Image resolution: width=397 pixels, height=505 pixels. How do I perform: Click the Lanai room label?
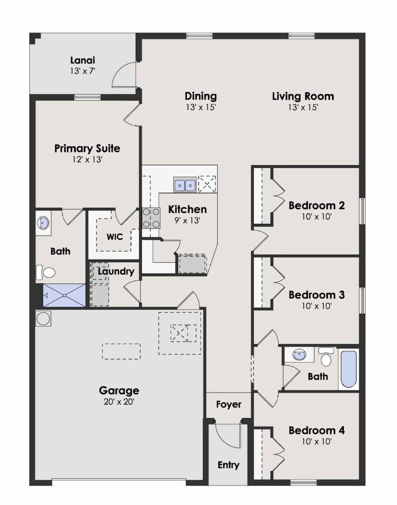point(82,60)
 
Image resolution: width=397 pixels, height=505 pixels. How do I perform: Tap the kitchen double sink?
point(185,184)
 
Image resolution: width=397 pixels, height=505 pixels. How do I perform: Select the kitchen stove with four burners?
point(151,218)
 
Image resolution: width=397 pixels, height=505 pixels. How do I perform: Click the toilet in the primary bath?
point(45,272)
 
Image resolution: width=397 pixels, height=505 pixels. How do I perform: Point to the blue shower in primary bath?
point(64,295)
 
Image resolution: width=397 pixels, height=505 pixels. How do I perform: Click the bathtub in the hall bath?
point(349,369)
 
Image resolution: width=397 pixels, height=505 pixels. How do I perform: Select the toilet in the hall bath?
point(326,357)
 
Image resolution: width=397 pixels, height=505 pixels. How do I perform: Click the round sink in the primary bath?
point(43,222)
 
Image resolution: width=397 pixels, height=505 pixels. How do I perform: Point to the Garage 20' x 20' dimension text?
point(119,401)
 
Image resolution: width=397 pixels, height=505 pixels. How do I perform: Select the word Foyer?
point(229,404)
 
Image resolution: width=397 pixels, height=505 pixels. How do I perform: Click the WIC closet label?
point(115,237)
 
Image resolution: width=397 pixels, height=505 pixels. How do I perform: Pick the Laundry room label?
point(116,272)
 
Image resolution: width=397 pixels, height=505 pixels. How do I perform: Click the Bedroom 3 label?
point(317,295)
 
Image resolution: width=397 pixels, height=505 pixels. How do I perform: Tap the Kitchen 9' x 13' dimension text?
point(187,220)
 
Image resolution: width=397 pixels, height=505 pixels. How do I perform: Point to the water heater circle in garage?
point(43,319)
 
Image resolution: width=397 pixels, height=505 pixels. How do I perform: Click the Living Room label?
point(303,96)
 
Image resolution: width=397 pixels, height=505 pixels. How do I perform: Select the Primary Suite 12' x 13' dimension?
point(87,159)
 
